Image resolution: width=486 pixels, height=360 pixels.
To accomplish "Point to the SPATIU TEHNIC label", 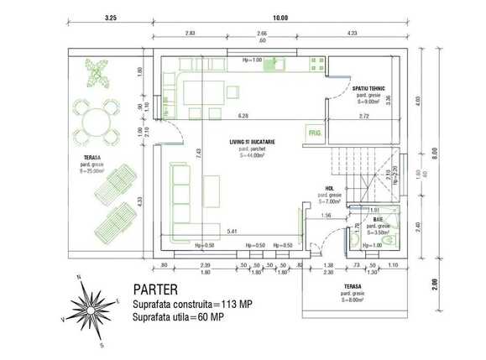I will pos(369,88).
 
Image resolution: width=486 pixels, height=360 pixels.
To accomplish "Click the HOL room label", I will pos(329,188).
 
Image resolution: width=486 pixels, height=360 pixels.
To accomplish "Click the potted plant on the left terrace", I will pos(99,74).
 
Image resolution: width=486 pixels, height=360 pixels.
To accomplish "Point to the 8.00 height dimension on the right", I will pos(458,154).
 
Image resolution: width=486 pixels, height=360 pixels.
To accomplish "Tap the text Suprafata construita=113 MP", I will pos(192,304).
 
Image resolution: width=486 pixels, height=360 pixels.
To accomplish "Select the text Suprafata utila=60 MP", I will pos(179,317).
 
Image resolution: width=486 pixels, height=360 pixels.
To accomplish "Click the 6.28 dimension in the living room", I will pos(243,115).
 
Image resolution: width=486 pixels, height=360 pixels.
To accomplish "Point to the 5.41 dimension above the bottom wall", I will pos(230,229).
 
